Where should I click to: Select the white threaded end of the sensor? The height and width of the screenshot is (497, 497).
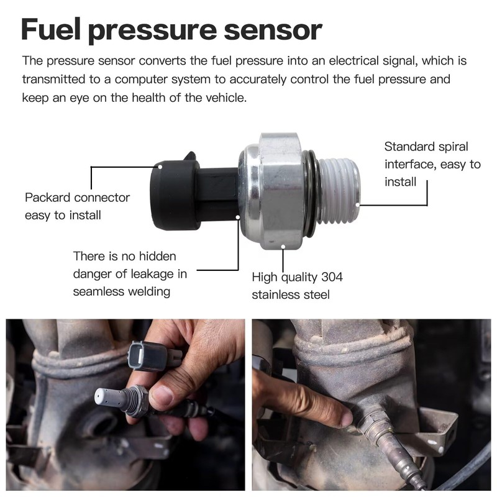339,189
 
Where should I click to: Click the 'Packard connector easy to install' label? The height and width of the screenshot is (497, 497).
77,206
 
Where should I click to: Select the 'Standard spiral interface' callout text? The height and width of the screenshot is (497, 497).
432,164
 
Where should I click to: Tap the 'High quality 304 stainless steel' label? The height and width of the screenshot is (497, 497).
297,286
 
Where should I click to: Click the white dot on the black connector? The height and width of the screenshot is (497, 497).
160,166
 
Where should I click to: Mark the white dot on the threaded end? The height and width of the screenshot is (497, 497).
359,204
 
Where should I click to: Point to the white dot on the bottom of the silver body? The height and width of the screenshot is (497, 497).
283,247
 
